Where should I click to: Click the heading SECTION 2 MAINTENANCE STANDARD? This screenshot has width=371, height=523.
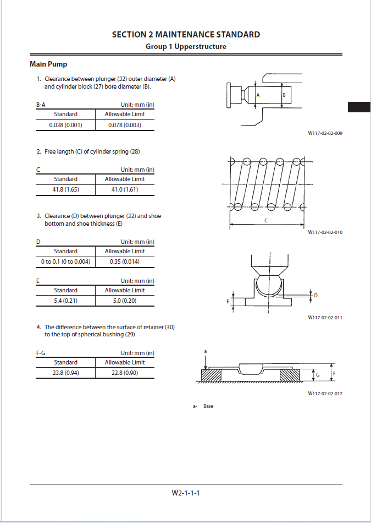tap(186, 35)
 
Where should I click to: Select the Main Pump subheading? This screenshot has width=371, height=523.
tap(48, 64)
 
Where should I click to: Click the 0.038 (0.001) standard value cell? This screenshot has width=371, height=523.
tap(65, 125)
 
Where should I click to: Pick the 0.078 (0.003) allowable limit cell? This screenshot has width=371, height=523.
tap(125, 125)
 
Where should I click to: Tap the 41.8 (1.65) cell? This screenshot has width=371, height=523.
tap(65, 190)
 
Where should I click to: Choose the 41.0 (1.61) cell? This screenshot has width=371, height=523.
tap(125, 190)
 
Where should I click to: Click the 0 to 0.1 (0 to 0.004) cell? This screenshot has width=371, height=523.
tap(65, 261)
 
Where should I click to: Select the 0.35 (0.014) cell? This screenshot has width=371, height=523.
tap(125, 261)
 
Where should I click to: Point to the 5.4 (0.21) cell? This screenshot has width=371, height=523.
tap(65, 301)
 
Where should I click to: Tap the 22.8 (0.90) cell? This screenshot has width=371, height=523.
tap(125, 373)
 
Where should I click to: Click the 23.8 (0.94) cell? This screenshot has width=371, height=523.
tap(65, 373)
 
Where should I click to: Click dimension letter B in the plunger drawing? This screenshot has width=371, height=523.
tap(284, 95)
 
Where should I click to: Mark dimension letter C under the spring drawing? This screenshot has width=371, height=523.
tap(266, 220)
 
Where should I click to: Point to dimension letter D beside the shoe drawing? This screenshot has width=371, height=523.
tap(315, 296)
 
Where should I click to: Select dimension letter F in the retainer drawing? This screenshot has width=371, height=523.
tap(334, 374)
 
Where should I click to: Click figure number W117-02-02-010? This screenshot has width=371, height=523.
tap(325, 232)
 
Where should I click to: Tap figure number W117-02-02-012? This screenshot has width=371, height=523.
tap(325, 394)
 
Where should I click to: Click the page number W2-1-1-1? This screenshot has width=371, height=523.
tap(186, 493)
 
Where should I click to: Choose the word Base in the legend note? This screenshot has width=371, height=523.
tap(208, 406)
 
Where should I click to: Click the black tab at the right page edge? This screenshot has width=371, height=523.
tap(359, 107)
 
